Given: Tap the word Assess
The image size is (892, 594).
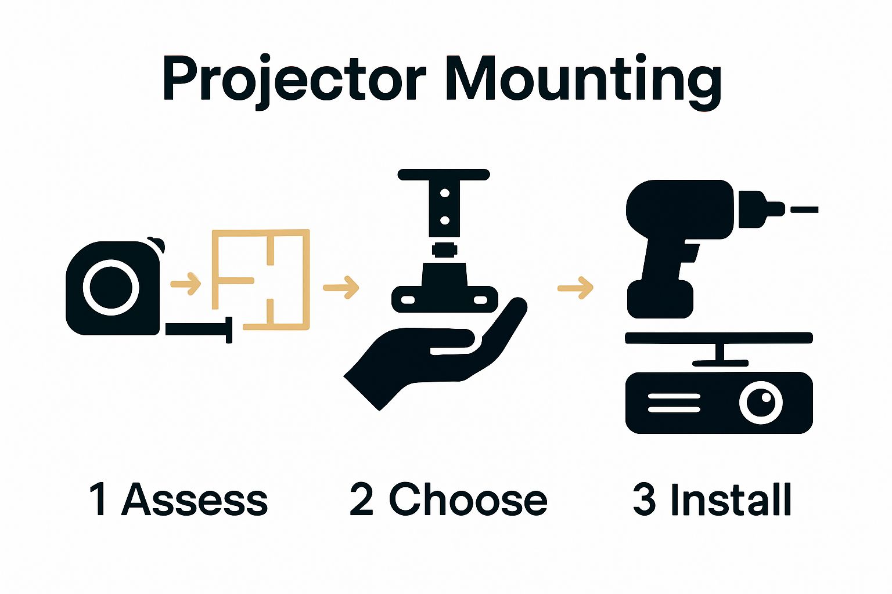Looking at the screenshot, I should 195,499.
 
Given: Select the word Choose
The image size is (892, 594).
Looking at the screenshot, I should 467,499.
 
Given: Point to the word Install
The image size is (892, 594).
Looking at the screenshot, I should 731,499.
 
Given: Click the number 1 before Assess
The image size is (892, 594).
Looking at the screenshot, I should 98,499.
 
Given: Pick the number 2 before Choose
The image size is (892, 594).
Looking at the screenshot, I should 361,499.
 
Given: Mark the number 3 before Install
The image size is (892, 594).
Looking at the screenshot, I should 644,499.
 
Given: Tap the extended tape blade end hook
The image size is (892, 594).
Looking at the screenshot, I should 229,329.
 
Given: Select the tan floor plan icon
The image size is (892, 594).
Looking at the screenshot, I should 260,280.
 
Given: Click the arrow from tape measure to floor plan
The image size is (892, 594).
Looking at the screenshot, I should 185,284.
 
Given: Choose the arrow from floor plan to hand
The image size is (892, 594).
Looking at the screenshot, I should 341,287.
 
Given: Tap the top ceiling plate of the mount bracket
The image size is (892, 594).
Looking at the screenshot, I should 444,175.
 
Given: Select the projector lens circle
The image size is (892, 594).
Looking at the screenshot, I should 761,402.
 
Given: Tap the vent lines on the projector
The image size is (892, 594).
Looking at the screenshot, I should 674,403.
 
